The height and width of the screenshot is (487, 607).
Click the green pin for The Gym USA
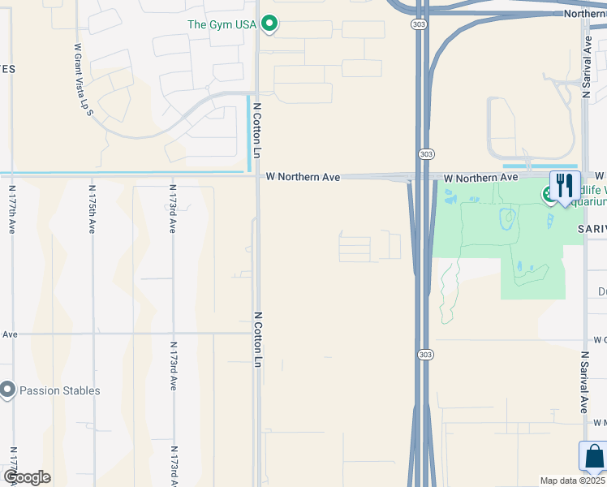(271, 24)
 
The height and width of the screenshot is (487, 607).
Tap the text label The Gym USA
(222, 24)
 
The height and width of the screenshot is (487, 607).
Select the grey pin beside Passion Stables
(8, 390)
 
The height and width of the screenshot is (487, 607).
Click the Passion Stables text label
(60, 390)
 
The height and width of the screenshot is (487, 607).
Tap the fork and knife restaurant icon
(565, 185)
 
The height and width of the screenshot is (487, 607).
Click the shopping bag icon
(593, 456)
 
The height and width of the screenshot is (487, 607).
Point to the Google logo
(27, 476)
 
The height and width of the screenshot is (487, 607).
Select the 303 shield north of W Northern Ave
(426, 153)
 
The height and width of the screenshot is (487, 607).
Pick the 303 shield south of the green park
(426, 355)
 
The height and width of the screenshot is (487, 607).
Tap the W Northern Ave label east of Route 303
(480, 177)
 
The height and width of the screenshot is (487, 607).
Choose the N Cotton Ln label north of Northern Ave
(256, 130)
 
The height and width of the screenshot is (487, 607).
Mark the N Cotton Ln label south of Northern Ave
(257, 339)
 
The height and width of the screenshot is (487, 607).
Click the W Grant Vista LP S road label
(83, 80)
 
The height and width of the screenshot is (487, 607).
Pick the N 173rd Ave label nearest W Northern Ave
(173, 209)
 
